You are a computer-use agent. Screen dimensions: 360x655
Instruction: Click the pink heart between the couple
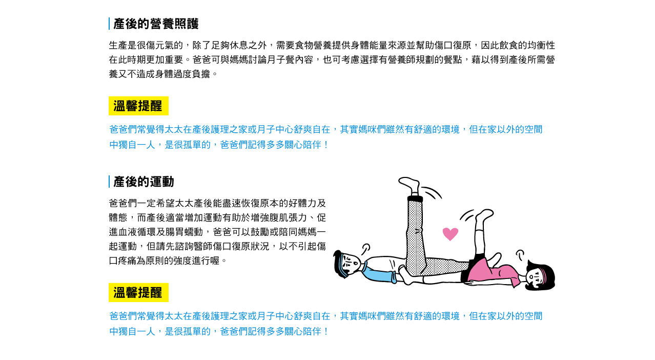[450, 234]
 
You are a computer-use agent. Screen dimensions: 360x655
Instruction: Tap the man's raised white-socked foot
[410, 185]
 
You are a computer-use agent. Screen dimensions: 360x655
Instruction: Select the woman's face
[535, 277]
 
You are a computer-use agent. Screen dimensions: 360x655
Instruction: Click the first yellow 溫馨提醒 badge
[138, 106]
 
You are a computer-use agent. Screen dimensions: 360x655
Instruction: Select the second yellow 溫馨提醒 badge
[138, 292]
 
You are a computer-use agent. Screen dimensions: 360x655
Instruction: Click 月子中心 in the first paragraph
[275, 129]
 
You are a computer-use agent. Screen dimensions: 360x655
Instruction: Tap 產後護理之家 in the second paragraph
[219, 316]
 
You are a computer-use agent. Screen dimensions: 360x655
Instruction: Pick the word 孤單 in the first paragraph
[192, 145]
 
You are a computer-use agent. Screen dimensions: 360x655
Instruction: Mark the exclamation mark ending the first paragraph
[326, 145]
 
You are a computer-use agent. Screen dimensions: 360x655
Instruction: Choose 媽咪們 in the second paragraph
[372, 316]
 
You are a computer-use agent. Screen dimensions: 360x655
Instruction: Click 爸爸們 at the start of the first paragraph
[122, 129]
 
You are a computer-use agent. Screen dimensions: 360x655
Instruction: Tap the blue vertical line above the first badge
[109, 24]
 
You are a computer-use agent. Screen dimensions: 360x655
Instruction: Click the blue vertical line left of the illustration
[109, 182]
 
